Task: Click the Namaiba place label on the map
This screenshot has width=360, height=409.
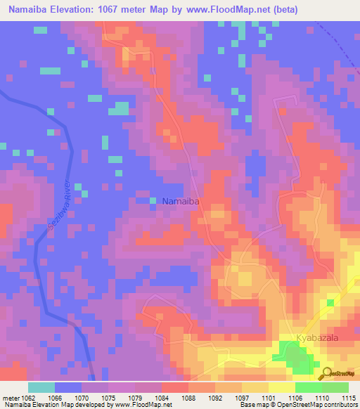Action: pyautogui.click(x=181, y=202)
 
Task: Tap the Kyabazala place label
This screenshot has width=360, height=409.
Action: pyautogui.click(x=319, y=338)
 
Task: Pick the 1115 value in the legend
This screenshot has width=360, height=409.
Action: pyautogui.click(x=349, y=399)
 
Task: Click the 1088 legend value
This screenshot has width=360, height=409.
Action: pyautogui.click(x=188, y=399)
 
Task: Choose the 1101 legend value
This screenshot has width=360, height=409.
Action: pyautogui.click(x=269, y=399)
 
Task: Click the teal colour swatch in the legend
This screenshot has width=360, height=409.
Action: pyautogui.click(x=41, y=387)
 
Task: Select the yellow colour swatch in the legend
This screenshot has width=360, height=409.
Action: pyautogui.click(x=282, y=387)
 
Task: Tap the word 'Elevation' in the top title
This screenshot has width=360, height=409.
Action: pyautogui.click(x=75, y=10)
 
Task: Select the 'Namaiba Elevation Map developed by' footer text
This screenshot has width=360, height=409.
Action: pyautogui.click(x=42, y=405)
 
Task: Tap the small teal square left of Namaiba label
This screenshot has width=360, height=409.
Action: pyautogui.click(x=153, y=202)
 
